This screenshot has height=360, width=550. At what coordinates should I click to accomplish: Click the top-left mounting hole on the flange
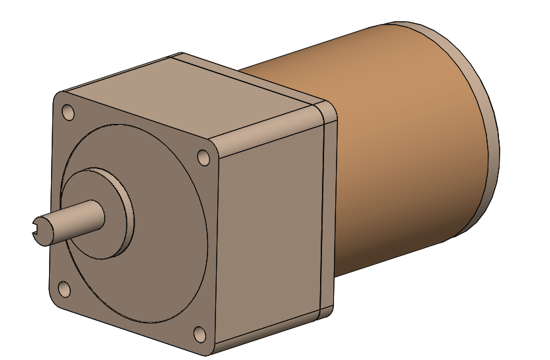point(68,112)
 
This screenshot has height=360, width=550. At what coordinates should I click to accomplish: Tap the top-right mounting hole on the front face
point(204,157)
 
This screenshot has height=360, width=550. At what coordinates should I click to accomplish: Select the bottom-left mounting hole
point(64,289)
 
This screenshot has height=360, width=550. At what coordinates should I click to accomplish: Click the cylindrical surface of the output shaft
point(73,217)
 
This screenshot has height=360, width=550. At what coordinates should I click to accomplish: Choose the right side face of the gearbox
point(272,232)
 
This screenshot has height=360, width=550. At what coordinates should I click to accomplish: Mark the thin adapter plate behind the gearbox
point(328,206)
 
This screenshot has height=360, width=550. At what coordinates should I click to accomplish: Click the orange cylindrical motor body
point(398,133)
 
